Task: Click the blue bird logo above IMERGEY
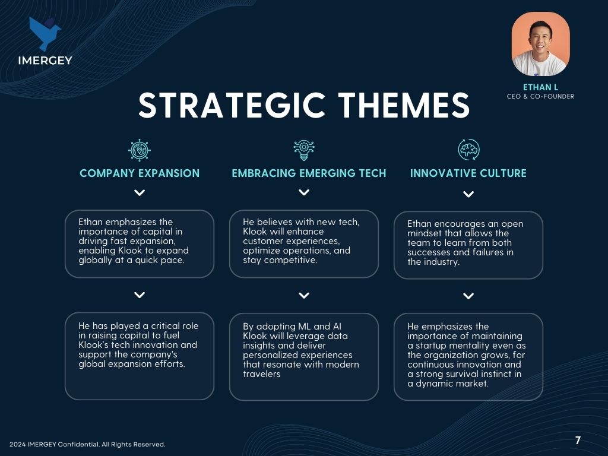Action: click(x=44, y=33)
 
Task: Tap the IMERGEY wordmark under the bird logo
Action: click(x=45, y=61)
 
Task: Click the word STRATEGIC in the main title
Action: click(x=232, y=105)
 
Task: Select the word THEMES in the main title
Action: click(x=404, y=105)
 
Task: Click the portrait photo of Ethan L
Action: click(x=540, y=44)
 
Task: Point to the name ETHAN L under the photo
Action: click(x=540, y=87)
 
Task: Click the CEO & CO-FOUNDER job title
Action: click(x=540, y=96)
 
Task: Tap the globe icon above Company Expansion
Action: click(x=140, y=150)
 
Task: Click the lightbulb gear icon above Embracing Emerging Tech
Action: click(x=304, y=150)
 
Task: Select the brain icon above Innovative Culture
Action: click(x=468, y=150)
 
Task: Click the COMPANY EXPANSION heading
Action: click(x=140, y=173)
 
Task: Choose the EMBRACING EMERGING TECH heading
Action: click(x=309, y=173)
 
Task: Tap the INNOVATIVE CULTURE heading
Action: click(x=468, y=173)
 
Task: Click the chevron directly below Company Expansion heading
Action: click(x=140, y=193)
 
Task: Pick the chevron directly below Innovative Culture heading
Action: click(x=468, y=194)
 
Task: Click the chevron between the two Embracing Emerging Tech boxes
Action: click(x=304, y=296)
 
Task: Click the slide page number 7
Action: click(x=578, y=440)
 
